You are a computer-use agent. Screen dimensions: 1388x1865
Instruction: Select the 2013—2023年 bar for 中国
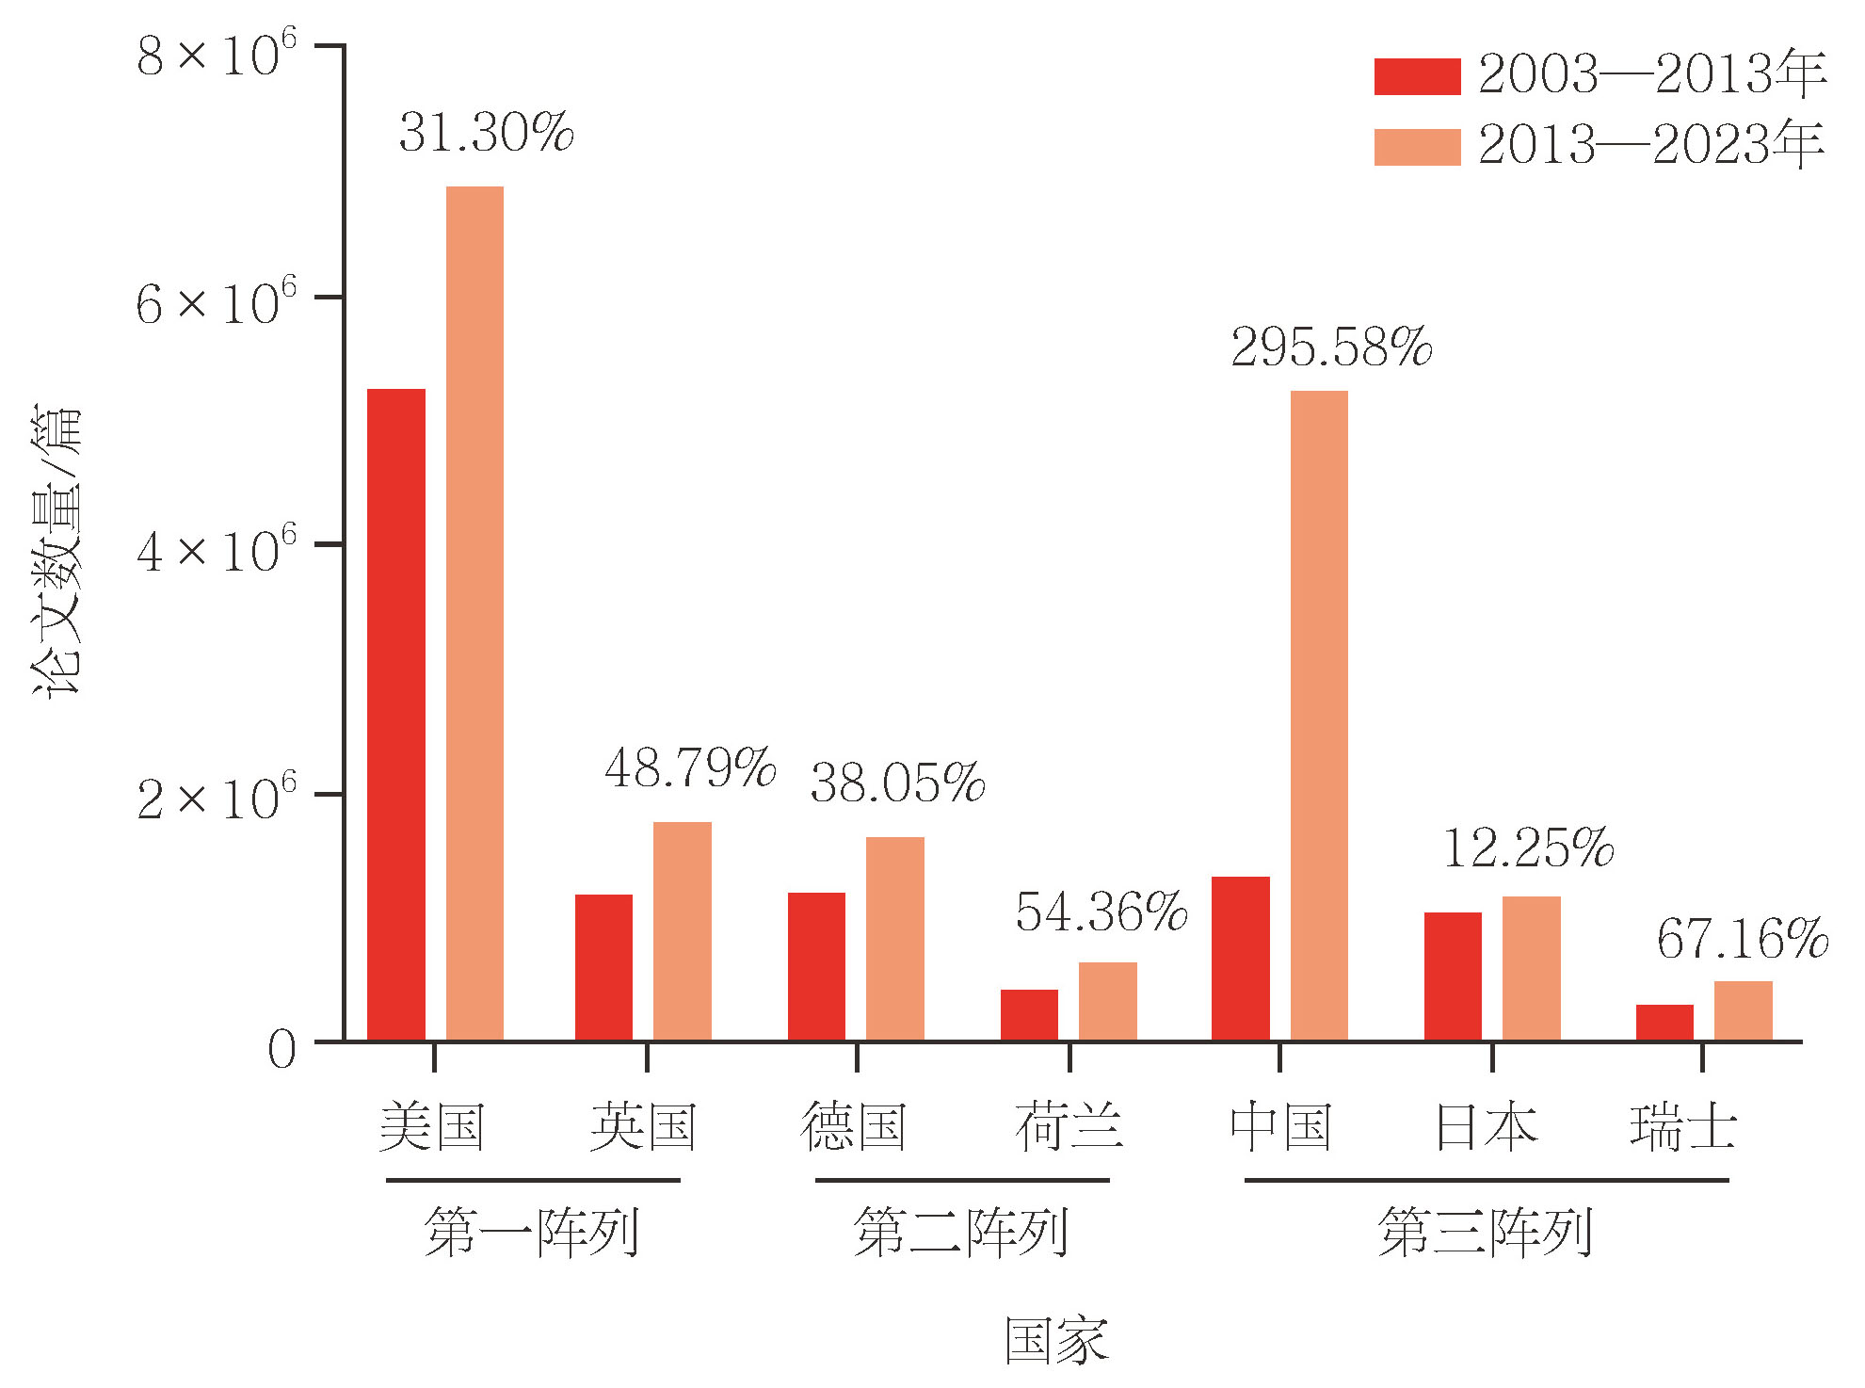point(1318,716)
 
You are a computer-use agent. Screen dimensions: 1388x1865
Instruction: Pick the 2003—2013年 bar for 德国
point(816,966)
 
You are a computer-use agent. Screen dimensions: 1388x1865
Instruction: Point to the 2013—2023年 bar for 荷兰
point(1107,1001)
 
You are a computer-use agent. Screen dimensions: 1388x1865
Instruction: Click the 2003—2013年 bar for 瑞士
point(1664,1023)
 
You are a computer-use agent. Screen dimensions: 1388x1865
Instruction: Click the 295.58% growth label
point(1330,347)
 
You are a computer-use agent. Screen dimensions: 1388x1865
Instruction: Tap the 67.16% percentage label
point(1742,939)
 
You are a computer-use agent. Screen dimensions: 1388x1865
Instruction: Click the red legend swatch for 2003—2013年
point(1417,76)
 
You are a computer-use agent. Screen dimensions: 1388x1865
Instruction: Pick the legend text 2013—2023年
point(1651,146)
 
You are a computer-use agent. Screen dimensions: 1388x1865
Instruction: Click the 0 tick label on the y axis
point(281,1049)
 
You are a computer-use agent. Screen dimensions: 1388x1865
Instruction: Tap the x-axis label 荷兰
point(1069,1126)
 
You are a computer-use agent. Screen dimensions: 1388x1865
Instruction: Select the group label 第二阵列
point(960,1232)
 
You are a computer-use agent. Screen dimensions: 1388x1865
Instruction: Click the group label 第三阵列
point(1485,1232)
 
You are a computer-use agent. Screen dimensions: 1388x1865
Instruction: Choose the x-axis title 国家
point(1056,1341)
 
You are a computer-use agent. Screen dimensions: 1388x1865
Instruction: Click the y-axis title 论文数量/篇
point(56,551)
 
